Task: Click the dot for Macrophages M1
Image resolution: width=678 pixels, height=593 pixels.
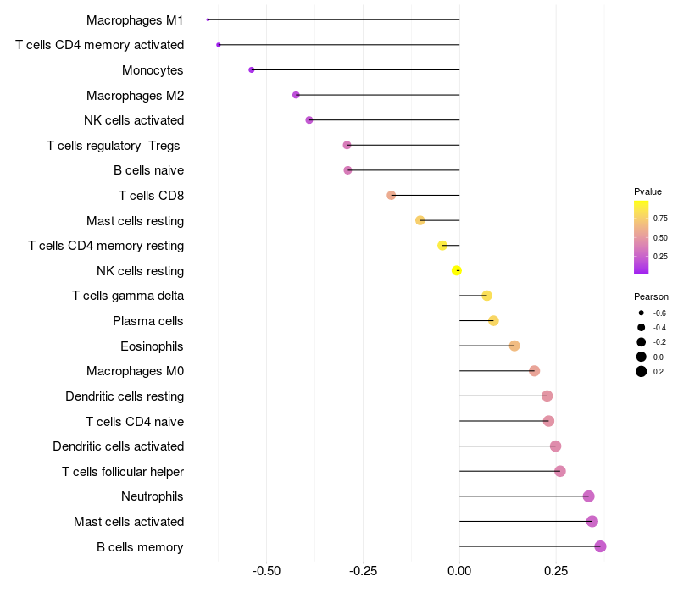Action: click(x=208, y=19)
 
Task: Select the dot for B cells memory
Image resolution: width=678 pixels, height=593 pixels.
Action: click(x=600, y=546)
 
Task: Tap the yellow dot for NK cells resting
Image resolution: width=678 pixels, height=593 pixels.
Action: click(x=457, y=270)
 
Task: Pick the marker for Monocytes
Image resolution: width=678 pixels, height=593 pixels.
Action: click(x=252, y=69)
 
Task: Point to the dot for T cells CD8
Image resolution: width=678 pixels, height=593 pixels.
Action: click(x=391, y=195)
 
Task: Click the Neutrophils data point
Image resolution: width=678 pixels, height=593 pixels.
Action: click(x=589, y=496)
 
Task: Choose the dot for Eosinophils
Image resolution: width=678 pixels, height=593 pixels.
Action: click(x=514, y=346)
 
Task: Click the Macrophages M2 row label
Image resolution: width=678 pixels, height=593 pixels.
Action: click(x=135, y=95)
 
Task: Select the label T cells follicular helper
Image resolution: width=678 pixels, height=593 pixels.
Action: click(x=123, y=471)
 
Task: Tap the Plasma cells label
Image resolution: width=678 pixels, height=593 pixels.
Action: click(x=148, y=321)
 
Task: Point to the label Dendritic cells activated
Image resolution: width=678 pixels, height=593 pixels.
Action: click(x=118, y=446)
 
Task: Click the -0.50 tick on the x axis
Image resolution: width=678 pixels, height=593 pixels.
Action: click(x=267, y=571)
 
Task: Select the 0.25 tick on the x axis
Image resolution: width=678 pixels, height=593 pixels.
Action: click(x=556, y=571)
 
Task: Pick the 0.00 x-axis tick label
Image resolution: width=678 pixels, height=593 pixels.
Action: click(x=459, y=571)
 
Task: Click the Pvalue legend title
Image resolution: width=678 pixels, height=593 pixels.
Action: click(x=647, y=191)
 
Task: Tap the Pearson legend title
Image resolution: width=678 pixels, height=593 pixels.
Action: click(x=651, y=296)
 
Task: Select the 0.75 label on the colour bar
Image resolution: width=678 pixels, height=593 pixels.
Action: click(x=660, y=218)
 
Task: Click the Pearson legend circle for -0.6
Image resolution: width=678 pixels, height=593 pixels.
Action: click(x=642, y=313)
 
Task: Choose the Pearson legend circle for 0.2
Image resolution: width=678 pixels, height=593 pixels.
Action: click(x=642, y=371)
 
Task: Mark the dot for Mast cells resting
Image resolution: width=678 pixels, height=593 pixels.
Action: click(x=420, y=220)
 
